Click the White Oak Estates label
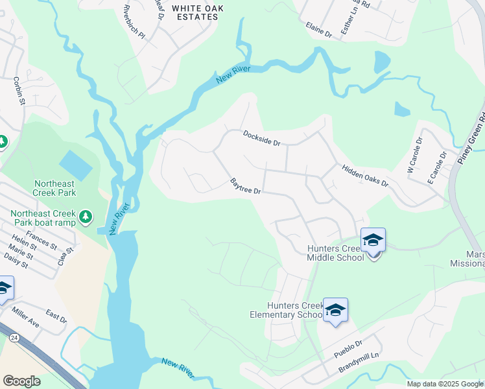click(195, 12)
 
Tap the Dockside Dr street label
click(261, 137)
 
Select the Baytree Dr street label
click(246, 187)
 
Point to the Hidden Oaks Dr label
click(364, 176)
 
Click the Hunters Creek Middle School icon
click(373, 241)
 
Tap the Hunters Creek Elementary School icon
click(335, 311)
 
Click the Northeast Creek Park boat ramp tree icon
click(85, 217)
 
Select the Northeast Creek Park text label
click(55, 187)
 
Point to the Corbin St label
click(18, 91)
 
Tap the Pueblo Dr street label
click(349, 349)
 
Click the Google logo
click(21, 381)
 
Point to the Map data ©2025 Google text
click(444, 384)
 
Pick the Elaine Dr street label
click(318, 29)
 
